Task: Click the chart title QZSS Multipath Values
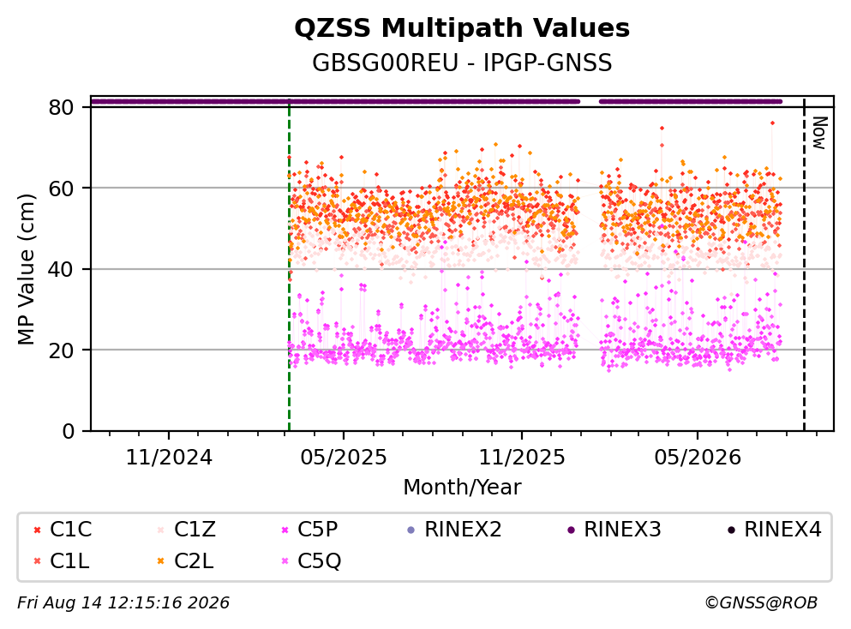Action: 462,28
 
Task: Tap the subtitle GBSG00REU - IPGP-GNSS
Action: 462,63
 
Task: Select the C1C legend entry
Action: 63,529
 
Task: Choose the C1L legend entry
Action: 62,561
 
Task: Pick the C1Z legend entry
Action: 187,529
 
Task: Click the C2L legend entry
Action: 186,561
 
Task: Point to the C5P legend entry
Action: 309,529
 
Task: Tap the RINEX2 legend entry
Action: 454,529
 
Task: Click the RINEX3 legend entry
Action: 614,529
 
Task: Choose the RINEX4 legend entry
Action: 775,529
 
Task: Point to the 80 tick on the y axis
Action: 61,107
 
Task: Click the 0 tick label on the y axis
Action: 69,431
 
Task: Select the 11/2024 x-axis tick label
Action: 169,458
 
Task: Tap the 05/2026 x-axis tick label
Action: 698,458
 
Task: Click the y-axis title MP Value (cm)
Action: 26,269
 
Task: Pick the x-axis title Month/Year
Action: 462,488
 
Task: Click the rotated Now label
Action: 819,133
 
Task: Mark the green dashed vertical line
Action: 290,266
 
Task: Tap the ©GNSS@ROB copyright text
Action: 761,603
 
